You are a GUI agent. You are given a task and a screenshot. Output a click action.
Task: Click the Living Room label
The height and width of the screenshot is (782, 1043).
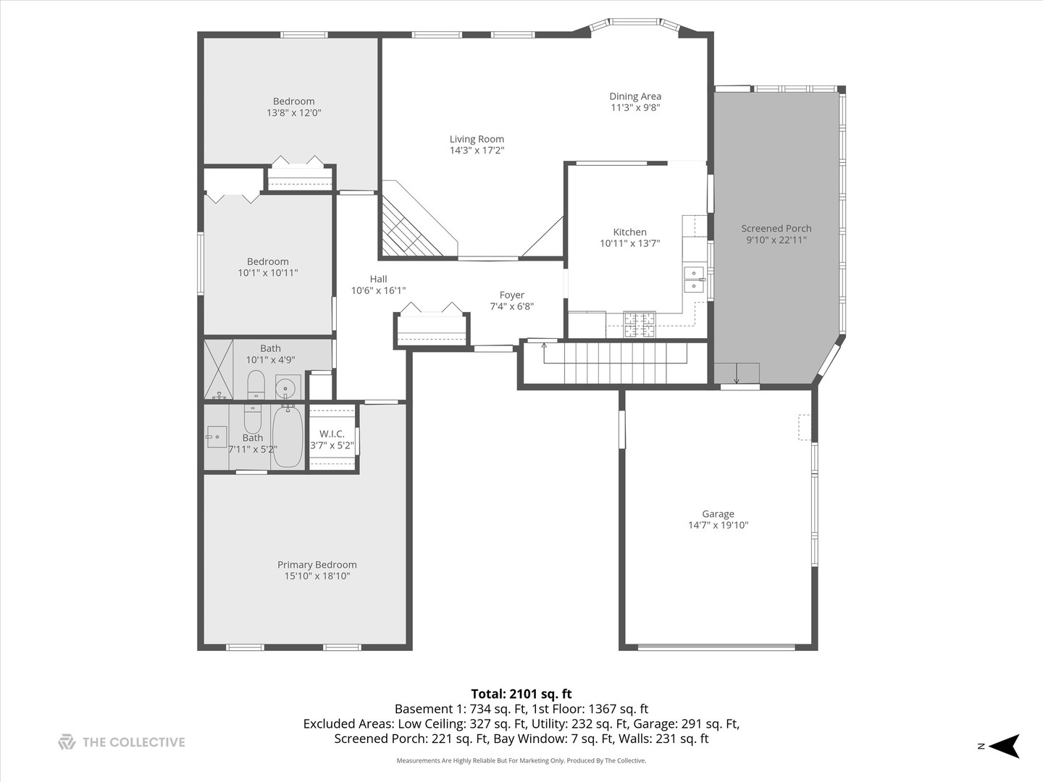tap(477, 139)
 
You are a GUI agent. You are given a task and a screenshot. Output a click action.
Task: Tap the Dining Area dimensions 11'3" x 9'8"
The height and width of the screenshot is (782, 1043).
tap(635, 108)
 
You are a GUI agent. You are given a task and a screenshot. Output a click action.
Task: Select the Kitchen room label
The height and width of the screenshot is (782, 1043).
tap(629, 232)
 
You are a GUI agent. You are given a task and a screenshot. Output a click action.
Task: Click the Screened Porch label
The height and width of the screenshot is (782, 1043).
tap(776, 228)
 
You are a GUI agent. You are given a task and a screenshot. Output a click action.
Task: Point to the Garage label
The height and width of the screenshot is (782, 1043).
tap(718, 514)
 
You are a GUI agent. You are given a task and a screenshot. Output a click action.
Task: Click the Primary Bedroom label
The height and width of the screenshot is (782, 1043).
tap(317, 565)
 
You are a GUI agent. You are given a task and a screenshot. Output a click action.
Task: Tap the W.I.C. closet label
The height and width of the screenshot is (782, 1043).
tap(332, 434)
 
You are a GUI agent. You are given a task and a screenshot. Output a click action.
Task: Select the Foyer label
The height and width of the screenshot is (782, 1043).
tap(511, 295)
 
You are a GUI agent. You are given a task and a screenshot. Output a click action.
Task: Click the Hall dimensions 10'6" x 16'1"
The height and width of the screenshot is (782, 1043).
tap(378, 290)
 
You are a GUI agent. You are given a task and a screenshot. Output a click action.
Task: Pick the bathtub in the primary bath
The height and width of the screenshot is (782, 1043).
tap(288, 436)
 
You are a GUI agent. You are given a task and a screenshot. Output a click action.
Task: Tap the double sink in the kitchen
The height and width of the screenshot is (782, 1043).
tap(694, 279)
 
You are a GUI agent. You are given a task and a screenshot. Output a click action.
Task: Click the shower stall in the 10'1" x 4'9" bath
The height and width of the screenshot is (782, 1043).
tap(218, 369)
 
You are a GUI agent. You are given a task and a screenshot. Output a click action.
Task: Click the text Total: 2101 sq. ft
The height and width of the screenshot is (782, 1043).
tap(521, 694)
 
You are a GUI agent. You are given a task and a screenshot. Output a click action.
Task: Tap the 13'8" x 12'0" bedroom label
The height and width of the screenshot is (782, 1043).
tap(293, 101)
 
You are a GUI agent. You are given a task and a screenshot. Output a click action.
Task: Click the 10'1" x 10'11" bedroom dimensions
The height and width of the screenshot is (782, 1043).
tap(268, 273)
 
